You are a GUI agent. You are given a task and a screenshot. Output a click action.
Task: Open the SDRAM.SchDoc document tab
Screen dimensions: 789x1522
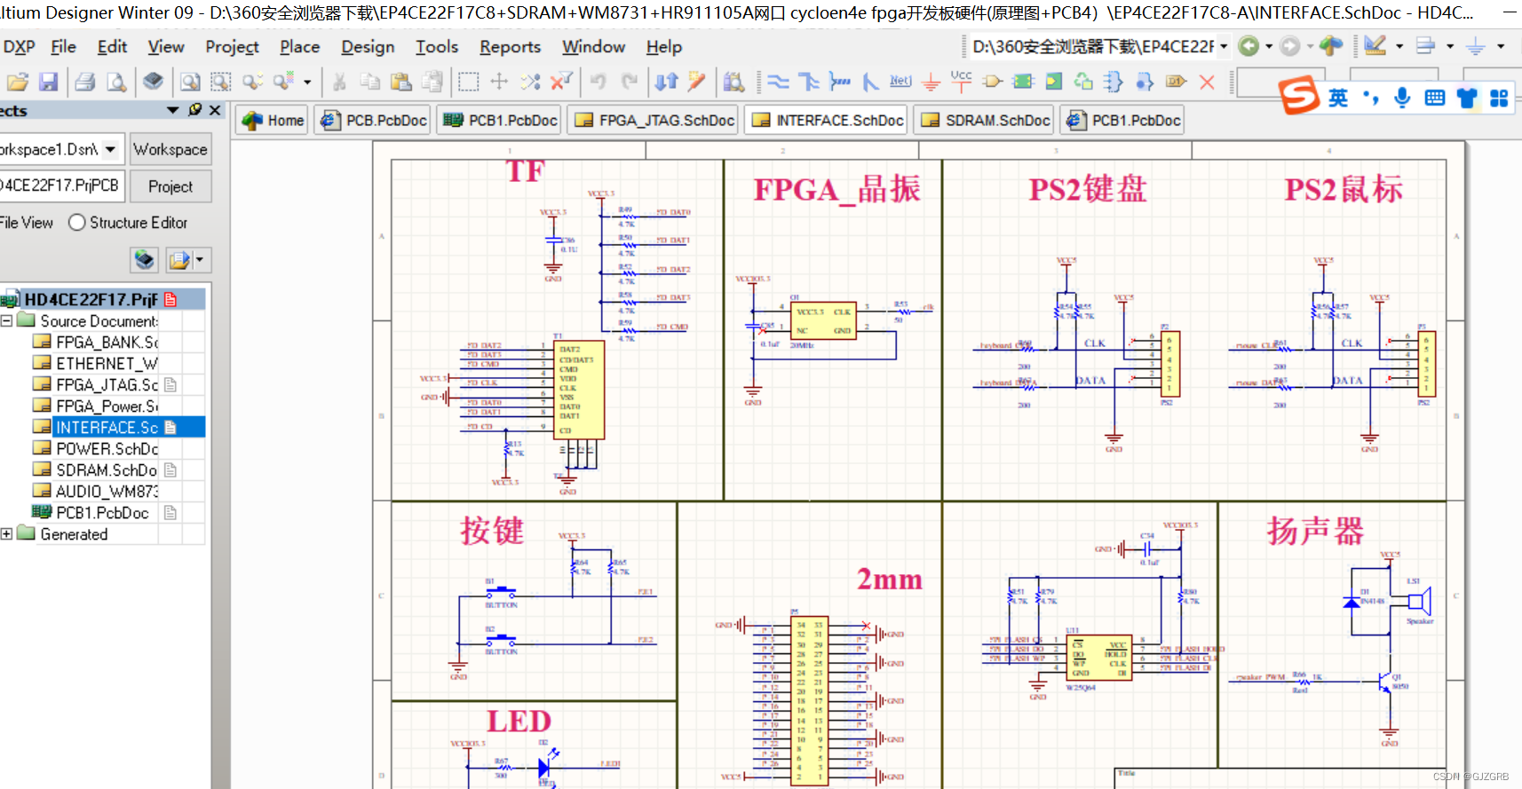(986, 121)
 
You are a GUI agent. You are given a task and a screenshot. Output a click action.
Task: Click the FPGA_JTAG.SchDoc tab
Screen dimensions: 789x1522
(654, 121)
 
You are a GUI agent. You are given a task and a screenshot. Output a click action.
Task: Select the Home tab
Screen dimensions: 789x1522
(273, 121)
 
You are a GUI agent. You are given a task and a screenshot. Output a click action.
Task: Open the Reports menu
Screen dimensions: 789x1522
(510, 47)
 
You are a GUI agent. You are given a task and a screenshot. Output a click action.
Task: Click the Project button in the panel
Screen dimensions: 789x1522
(170, 186)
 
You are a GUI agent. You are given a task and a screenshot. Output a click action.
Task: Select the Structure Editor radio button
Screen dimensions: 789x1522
(78, 223)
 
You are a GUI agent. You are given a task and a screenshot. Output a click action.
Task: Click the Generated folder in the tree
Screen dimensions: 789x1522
(74, 534)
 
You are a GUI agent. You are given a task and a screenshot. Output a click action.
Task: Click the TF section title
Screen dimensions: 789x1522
(525, 170)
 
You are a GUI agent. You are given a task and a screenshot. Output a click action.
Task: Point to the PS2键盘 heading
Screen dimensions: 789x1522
(1088, 189)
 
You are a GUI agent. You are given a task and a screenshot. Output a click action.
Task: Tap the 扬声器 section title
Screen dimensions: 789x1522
(1314, 531)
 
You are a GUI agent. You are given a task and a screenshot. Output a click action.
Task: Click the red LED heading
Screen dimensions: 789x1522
(519, 722)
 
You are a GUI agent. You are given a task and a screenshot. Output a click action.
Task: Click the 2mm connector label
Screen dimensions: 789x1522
(889, 580)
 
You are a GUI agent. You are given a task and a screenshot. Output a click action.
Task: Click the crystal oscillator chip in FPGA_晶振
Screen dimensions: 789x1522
(823, 320)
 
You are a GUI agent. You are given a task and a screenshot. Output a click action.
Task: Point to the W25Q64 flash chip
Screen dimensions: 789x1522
(1098, 659)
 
